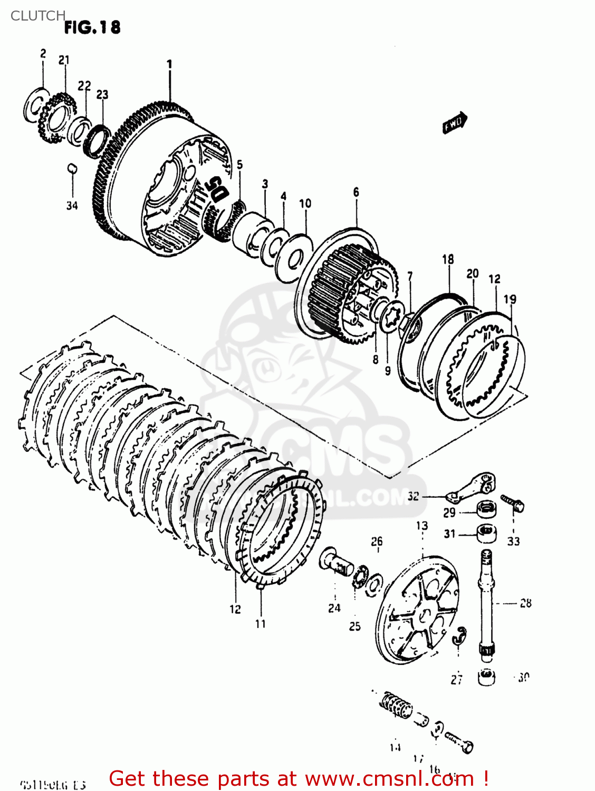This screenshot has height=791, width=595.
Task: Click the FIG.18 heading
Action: [92, 27]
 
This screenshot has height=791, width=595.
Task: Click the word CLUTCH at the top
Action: [37, 16]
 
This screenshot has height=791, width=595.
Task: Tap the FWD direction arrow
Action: [454, 123]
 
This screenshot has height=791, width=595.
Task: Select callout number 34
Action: [72, 205]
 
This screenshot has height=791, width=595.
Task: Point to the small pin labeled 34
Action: [72, 169]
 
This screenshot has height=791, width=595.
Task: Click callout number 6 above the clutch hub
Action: [356, 192]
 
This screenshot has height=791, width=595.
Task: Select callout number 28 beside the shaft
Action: [525, 603]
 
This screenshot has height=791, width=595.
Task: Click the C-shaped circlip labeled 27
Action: [460, 636]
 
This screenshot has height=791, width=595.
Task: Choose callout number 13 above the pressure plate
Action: [422, 526]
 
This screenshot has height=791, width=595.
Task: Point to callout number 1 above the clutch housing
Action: [169, 64]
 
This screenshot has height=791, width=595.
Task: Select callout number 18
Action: [448, 259]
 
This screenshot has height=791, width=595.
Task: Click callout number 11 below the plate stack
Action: [261, 624]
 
